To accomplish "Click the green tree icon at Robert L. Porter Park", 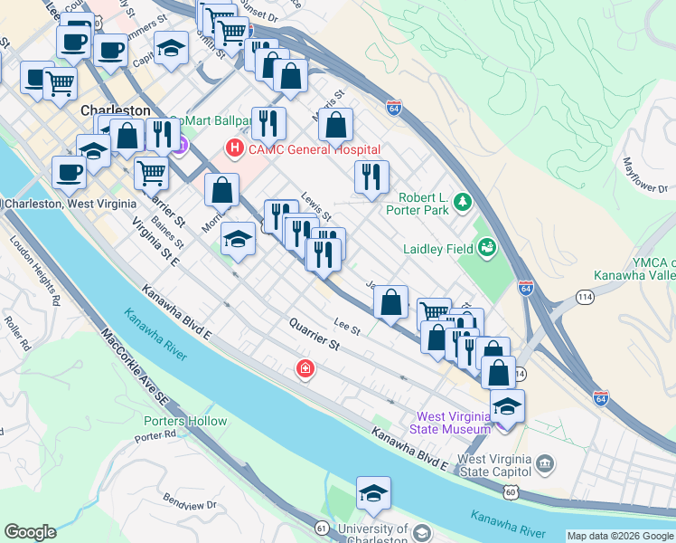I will tap(464, 200).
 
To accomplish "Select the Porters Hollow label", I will tap(185, 421).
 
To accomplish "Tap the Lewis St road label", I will tap(317, 211).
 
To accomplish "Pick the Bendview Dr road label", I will tap(190, 503).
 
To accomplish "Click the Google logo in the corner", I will tap(30, 532).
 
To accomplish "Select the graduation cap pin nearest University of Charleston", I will tap(372, 494).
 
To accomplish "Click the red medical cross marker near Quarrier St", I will tap(305, 368).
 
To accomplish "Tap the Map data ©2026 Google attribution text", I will tap(621, 536).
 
